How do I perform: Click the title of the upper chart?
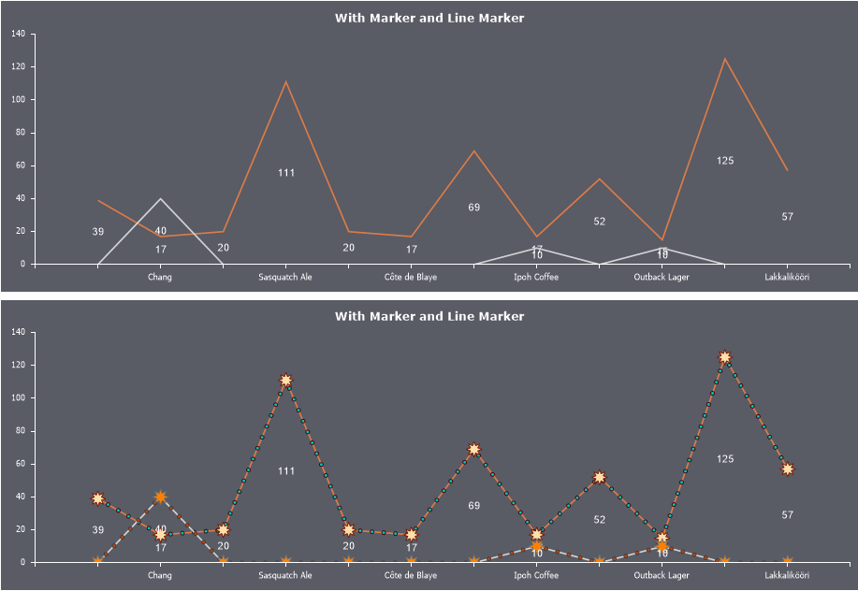[429, 18]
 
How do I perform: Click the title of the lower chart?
[429, 316]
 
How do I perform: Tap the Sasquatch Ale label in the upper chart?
[285, 277]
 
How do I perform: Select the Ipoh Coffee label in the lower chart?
[536, 575]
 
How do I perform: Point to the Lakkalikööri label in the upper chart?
[787, 277]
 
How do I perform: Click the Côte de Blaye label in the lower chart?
[411, 575]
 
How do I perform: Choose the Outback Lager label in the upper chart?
[662, 277]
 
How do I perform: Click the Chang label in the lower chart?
[160, 575]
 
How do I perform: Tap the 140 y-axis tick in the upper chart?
[19, 34]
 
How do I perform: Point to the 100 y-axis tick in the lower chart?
[19, 397]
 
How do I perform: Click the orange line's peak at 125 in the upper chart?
[724, 59]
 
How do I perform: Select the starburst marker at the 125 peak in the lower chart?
[725, 357]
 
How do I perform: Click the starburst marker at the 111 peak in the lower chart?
[285, 381]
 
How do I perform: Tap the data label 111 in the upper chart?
[286, 172]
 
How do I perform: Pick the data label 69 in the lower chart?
[474, 506]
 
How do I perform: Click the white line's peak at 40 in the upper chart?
[161, 198]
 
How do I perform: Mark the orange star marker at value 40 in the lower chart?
[161, 497]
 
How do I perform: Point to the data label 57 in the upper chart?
[788, 217]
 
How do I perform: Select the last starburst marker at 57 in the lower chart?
[788, 468]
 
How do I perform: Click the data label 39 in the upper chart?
[97, 232]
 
